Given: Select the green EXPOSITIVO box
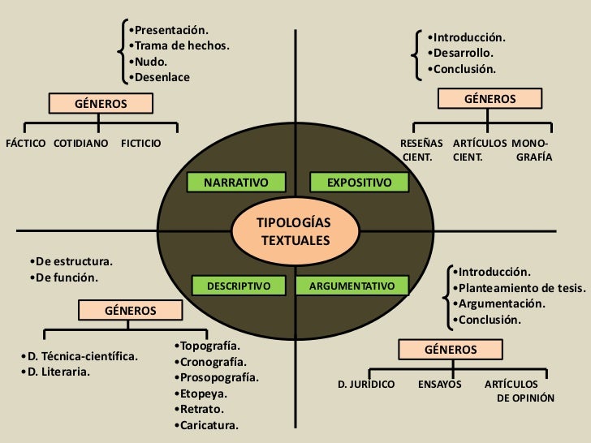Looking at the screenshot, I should [351, 183].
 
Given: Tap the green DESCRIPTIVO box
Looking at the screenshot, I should [239, 286].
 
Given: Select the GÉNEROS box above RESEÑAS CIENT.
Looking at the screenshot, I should [490, 99].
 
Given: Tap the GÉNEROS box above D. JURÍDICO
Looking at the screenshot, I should [451, 350].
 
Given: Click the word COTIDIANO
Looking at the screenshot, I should [80, 144].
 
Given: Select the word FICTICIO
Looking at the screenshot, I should [140, 144].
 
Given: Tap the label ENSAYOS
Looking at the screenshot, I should [440, 384].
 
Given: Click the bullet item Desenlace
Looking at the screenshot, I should [161, 77].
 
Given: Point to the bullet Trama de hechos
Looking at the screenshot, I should [180, 46].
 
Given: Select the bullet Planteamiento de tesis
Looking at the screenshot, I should [520, 288].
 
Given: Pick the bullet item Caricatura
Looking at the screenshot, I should [209, 424].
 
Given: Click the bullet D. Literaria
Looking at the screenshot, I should [57, 372].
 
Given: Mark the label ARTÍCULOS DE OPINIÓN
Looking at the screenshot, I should [518, 391].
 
